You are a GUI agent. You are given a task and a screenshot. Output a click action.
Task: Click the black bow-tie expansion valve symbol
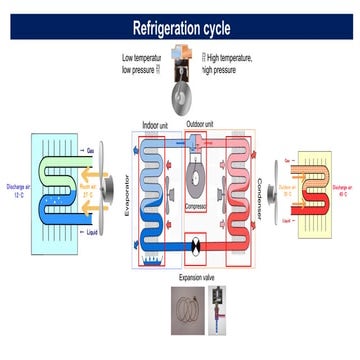196,243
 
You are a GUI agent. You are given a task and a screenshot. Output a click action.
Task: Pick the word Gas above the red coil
289,158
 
